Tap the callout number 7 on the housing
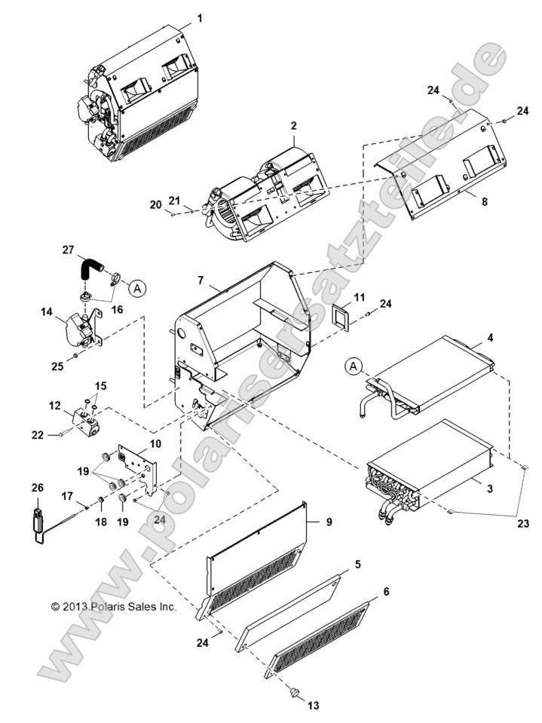(x=201, y=280)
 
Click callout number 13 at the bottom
(x=312, y=706)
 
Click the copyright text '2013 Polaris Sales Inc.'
(x=113, y=606)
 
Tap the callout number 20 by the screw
(x=155, y=205)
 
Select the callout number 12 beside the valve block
(x=54, y=406)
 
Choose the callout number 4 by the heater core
(x=490, y=338)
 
